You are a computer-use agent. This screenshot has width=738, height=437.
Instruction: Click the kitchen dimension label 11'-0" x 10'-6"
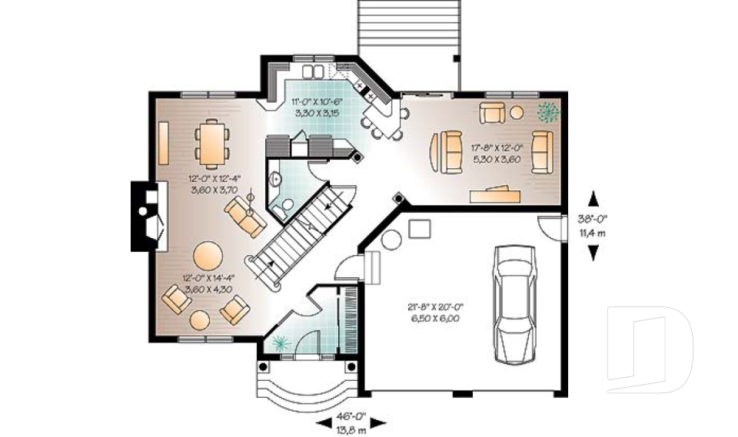click(317, 107)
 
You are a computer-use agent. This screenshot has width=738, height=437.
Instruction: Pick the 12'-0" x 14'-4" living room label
click(208, 283)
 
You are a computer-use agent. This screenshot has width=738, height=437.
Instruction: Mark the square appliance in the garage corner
click(418, 229)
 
